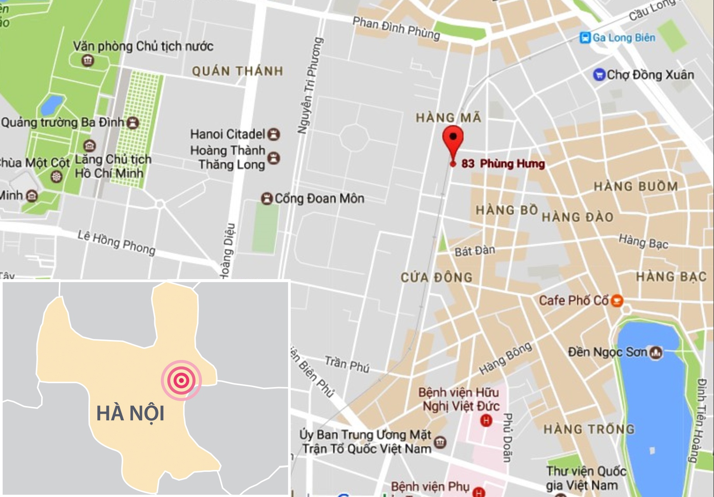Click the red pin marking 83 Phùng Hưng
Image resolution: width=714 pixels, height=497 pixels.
(x=453, y=139)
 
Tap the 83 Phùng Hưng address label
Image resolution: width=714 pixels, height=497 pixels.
(x=503, y=164)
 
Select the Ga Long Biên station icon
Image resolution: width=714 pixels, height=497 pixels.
(x=585, y=38)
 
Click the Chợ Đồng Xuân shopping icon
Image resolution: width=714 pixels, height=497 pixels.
(x=599, y=74)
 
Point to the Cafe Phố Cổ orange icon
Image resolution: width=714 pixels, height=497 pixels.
(x=617, y=300)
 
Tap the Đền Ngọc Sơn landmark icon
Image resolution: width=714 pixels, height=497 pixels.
(x=656, y=352)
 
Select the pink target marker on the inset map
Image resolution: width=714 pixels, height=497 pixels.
(x=181, y=380)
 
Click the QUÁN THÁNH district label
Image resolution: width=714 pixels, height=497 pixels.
(x=238, y=71)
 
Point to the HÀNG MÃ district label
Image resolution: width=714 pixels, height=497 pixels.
(x=448, y=117)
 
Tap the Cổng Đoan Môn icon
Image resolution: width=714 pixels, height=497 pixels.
(x=267, y=199)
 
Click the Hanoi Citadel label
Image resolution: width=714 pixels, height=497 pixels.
(x=228, y=134)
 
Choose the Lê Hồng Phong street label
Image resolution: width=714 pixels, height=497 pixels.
(x=116, y=242)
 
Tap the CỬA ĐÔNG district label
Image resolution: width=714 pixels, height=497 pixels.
(x=436, y=277)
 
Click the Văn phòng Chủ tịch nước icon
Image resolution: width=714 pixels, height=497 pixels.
(x=88, y=60)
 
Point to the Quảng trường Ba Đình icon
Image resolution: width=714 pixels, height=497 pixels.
(x=133, y=122)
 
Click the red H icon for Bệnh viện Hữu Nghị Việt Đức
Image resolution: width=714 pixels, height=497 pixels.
(x=486, y=420)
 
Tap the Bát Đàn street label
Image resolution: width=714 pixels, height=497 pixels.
(x=475, y=251)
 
